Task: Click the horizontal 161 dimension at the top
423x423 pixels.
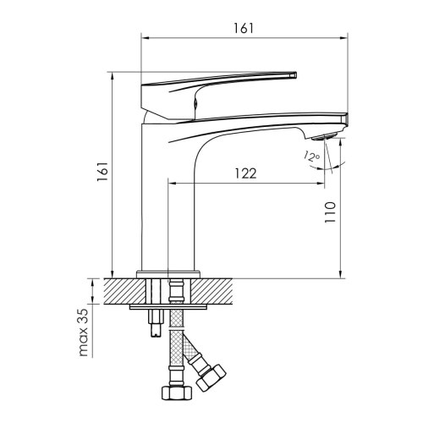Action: click(244, 29)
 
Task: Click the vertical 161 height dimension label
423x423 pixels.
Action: click(102, 172)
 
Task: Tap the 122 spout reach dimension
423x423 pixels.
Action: click(245, 173)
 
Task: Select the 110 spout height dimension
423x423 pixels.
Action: click(330, 212)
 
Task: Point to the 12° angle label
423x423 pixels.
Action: click(311, 157)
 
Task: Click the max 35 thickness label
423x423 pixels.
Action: click(84, 332)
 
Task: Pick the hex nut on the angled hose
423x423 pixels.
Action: click(211, 378)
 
